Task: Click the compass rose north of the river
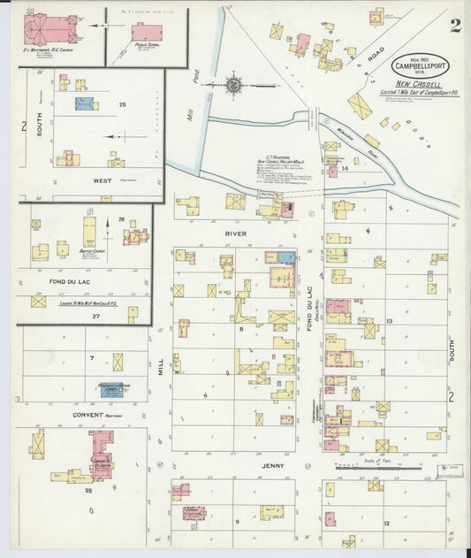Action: (234, 86)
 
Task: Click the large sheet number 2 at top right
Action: (453, 25)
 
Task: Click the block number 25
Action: (123, 105)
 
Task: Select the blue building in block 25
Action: (85, 104)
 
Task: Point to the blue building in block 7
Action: (114, 387)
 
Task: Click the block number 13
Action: (389, 321)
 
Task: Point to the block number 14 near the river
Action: (345, 167)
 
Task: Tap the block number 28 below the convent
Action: (88, 489)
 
